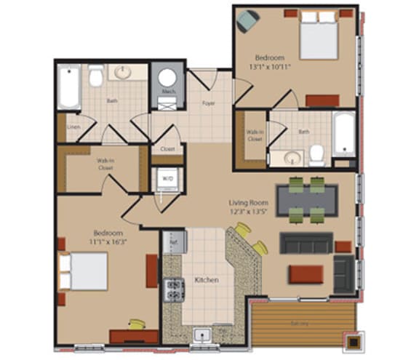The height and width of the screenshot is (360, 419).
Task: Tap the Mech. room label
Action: point(167,92)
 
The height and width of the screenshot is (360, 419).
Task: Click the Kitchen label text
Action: point(207,280)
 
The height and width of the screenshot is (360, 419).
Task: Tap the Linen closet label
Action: point(73,127)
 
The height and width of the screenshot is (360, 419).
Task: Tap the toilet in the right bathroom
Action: point(316,154)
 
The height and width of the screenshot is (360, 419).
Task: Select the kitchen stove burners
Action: point(175,289)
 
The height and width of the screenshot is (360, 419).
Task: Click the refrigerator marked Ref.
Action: point(175,240)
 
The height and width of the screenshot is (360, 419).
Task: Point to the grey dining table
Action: point(307,198)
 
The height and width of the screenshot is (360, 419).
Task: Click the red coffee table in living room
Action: point(306,274)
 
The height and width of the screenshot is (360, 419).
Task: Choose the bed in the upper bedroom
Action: point(319,38)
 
